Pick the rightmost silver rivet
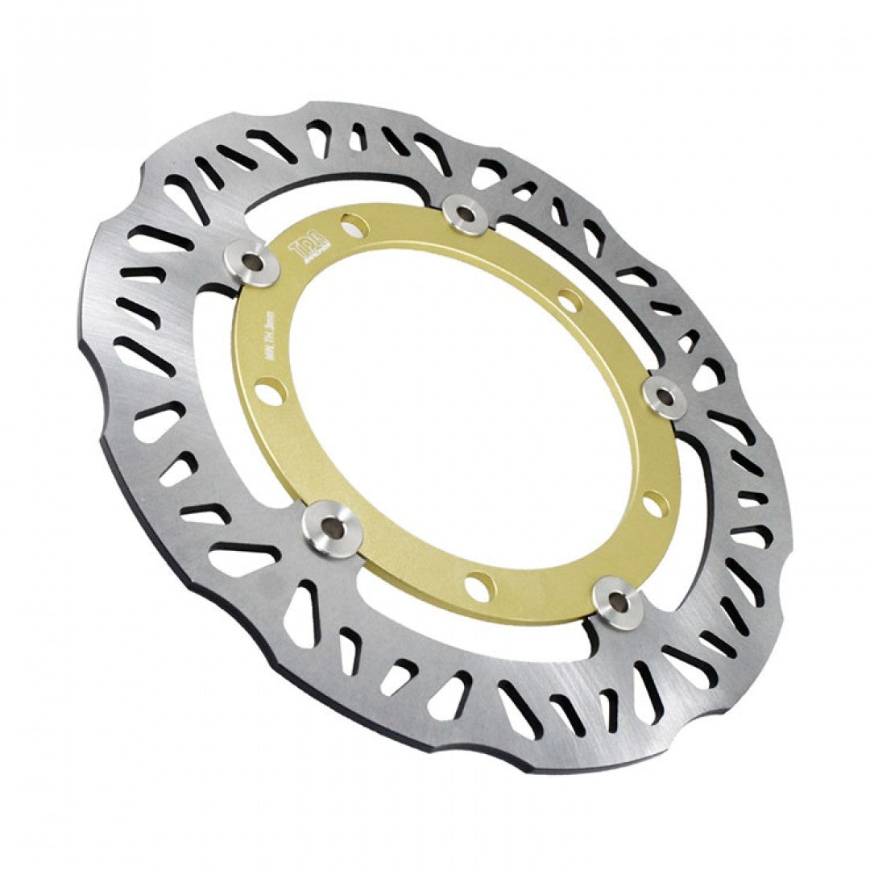[x=665, y=396]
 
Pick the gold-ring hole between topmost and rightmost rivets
[x=570, y=301]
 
